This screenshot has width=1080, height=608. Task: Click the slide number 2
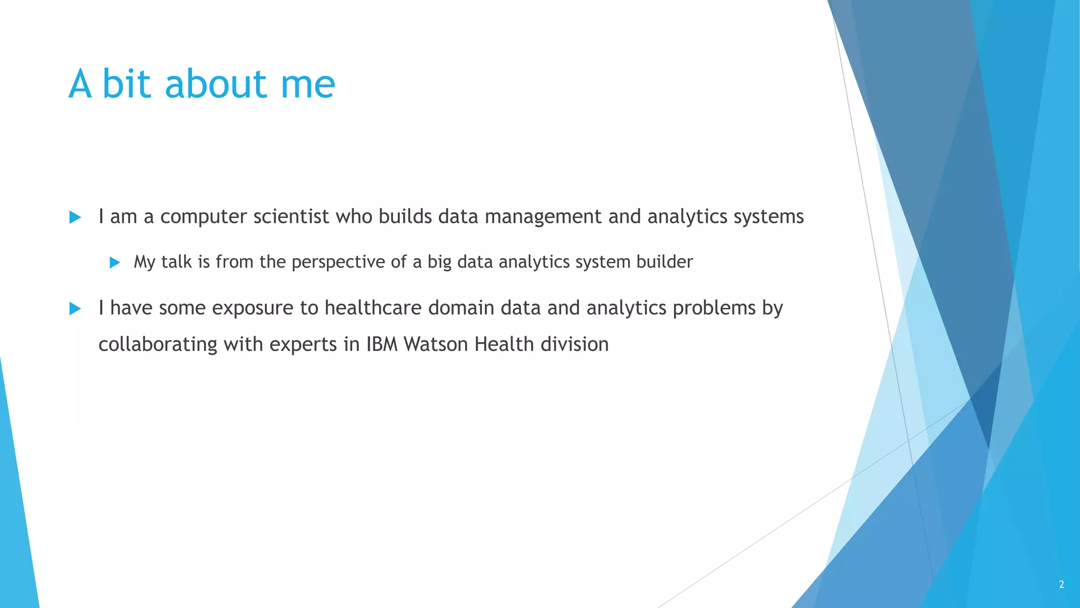pyautogui.click(x=1062, y=584)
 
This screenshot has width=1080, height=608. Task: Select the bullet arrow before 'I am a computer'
pyautogui.click(x=75, y=217)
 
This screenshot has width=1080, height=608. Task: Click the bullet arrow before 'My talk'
pyautogui.click(x=115, y=262)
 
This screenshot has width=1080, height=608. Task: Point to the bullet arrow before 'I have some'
pyautogui.click(x=75, y=309)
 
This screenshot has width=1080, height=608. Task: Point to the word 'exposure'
pyautogui.click(x=253, y=308)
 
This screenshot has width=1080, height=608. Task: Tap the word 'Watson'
pyautogui.click(x=436, y=345)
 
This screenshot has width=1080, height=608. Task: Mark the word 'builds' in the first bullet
pyautogui.click(x=405, y=217)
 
